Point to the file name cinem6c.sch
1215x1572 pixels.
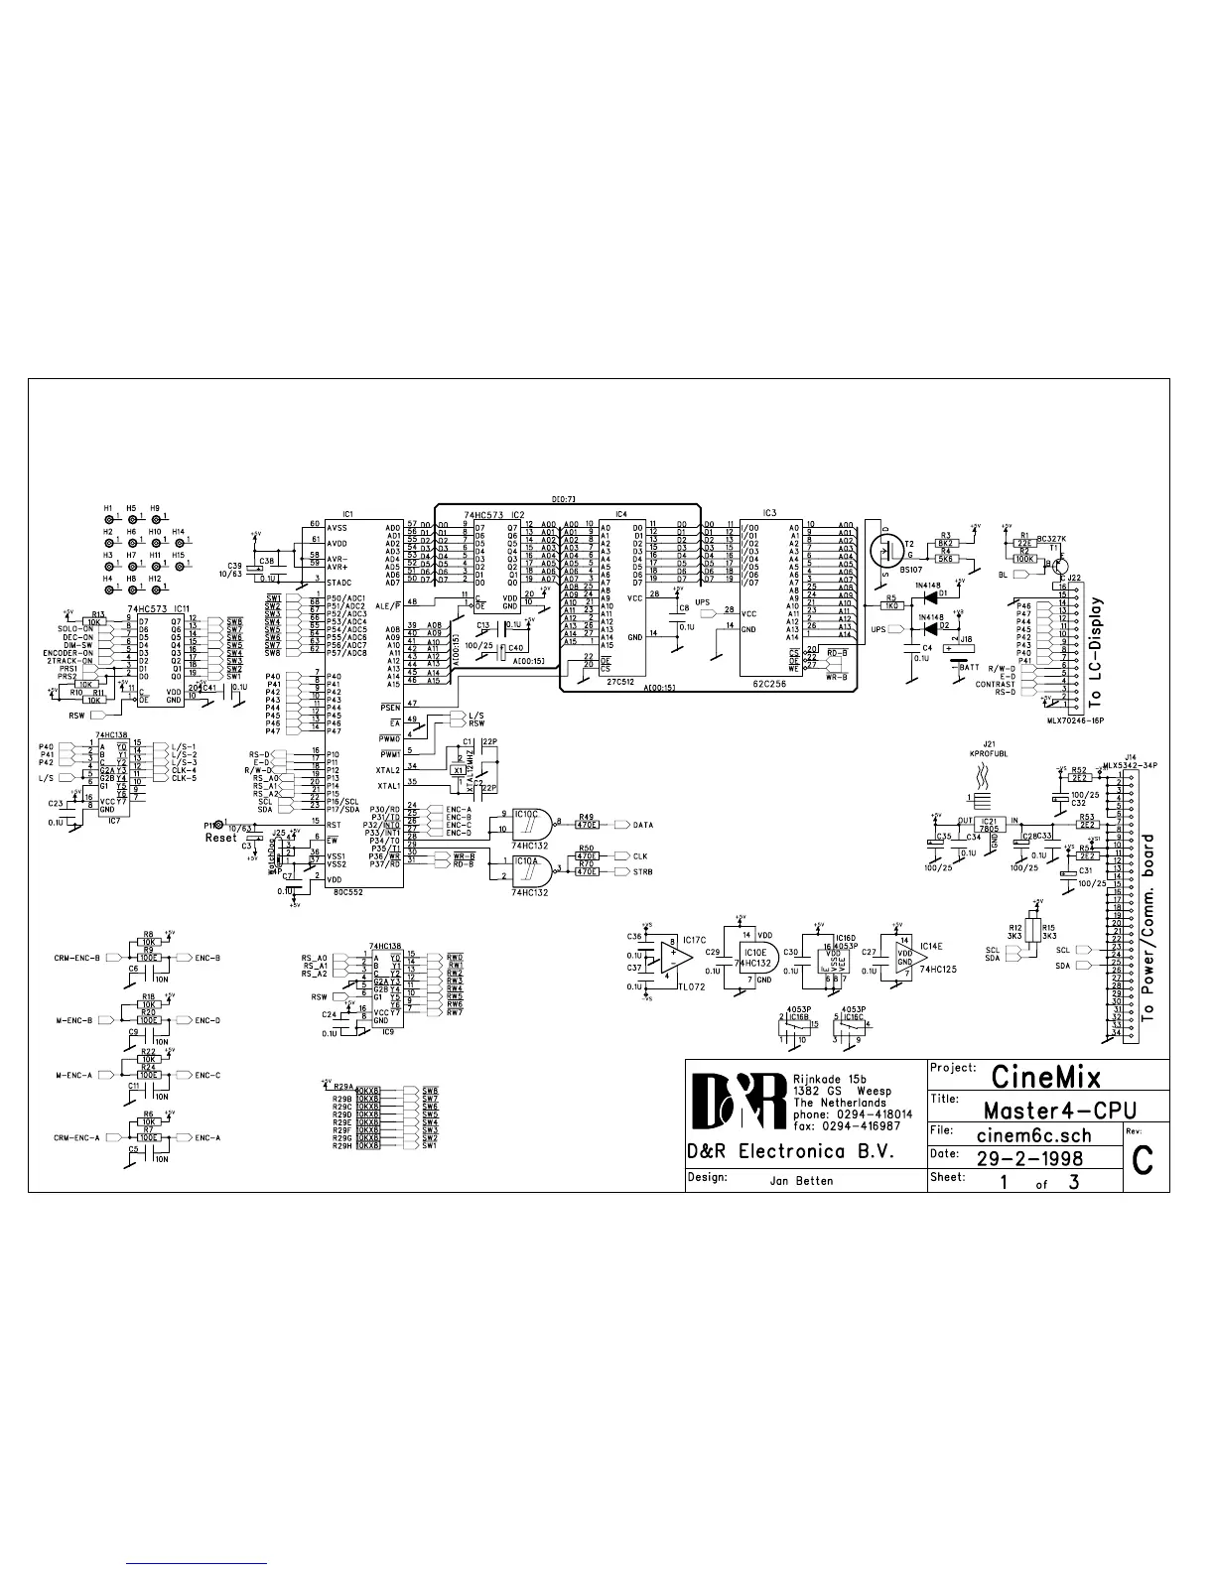click(x=1034, y=1136)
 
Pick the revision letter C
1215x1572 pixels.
click(x=1143, y=1160)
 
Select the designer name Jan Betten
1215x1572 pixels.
click(x=801, y=1181)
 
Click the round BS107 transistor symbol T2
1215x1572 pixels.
click(x=884, y=550)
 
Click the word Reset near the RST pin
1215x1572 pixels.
click(x=221, y=838)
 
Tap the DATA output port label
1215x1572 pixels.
click(x=642, y=825)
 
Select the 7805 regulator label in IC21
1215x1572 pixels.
click(x=990, y=829)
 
